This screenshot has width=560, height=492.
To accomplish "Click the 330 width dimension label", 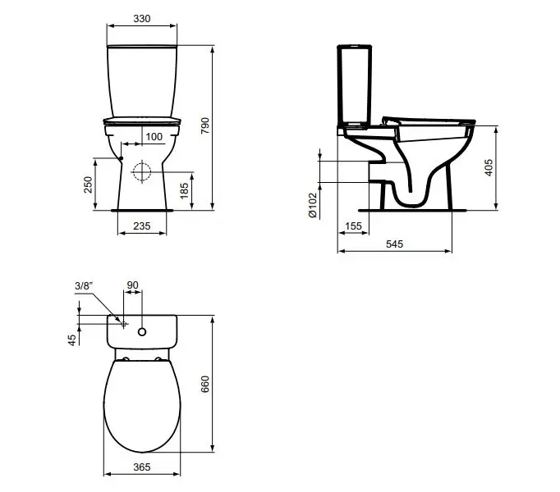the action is click(142, 19).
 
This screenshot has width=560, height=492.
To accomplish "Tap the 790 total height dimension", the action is click(205, 125).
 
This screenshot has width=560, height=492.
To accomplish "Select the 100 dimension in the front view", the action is click(154, 137).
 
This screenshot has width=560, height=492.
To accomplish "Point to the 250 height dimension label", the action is click(88, 184).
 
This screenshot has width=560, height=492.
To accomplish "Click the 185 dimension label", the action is click(184, 191).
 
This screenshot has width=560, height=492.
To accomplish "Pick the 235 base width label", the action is click(142, 225).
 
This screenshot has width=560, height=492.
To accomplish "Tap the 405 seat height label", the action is click(489, 167).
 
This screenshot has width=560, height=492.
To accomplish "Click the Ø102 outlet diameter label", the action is click(312, 205).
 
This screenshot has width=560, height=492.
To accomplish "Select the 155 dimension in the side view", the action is click(353, 225).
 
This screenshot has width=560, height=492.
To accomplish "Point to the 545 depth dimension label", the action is click(394, 244).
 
